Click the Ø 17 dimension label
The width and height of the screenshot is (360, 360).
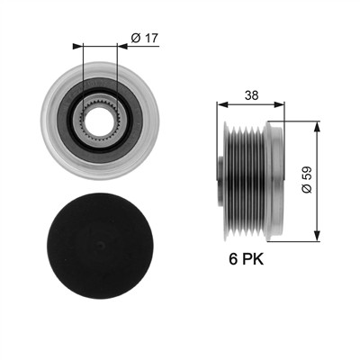(x=145, y=38)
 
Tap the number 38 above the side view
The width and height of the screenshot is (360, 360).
(x=251, y=95)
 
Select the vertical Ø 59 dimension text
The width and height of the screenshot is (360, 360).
(x=307, y=180)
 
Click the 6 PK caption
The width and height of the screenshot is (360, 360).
(x=247, y=259)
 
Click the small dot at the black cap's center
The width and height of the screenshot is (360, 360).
(x=101, y=246)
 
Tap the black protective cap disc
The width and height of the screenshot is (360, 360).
(x=100, y=246)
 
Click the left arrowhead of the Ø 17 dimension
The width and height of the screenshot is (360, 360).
(x=77, y=46)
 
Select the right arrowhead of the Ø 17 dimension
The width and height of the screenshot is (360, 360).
(x=122, y=46)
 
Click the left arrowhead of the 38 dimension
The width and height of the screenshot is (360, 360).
(x=221, y=104)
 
